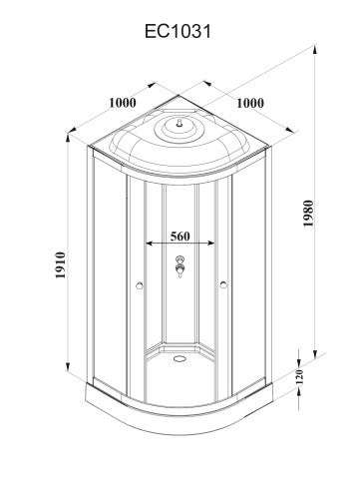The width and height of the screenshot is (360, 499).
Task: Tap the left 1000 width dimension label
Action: (123, 102)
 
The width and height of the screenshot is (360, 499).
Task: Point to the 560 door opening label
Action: (180, 238)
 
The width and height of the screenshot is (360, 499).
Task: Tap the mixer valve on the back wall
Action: (180, 267)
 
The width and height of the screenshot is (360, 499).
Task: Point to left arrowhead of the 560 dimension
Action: (150, 243)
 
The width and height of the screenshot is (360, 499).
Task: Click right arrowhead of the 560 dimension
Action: (210, 243)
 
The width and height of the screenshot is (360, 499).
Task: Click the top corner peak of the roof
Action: (180, 97)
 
